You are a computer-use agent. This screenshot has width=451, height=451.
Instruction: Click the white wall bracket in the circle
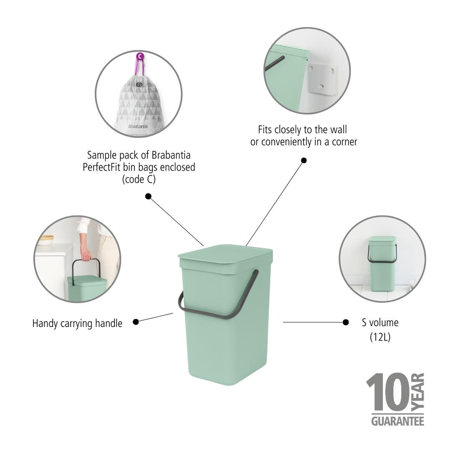[323, 79]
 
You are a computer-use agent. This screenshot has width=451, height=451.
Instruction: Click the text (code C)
[138, 179]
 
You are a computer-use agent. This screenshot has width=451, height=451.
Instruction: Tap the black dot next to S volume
[345, 322]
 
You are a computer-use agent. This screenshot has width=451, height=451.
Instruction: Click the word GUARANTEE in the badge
[397, 421]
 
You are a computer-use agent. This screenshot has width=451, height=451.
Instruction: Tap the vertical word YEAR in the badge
[419, 391]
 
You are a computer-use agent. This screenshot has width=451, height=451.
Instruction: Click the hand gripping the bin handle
[85, 255]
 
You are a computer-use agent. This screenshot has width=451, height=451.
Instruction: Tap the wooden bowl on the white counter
[46, 239]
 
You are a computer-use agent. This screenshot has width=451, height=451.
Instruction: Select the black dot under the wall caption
[304, 160]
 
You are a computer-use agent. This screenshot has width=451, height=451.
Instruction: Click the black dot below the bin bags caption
[148, 196]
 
